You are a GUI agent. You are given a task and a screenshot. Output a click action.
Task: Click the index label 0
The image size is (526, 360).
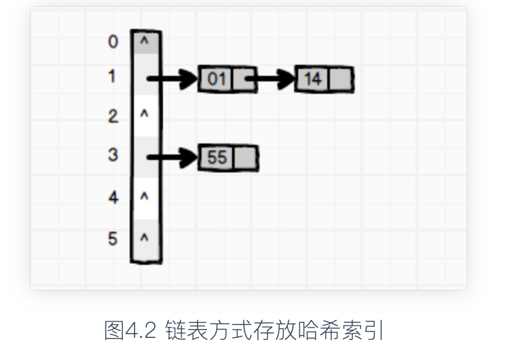pos(113,42)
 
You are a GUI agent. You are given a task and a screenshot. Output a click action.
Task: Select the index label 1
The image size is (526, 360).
pos(113,77)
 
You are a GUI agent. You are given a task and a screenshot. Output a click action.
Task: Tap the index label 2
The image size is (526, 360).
pos(113,117)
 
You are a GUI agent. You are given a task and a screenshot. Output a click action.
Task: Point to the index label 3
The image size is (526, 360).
pos(113,155)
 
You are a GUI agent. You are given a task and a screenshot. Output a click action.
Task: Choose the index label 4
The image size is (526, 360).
pos(113,198)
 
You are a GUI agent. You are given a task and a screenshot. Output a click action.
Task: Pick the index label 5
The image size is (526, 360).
pos(113,239)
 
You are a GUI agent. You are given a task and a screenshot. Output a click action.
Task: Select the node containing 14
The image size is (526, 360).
pos(324,79)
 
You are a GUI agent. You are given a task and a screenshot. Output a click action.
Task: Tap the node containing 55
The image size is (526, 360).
pos(227,158)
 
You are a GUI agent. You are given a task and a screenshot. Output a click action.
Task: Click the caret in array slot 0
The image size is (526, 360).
pos(145,41)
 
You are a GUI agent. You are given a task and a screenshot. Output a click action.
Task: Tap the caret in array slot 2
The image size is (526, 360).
pos(145,114)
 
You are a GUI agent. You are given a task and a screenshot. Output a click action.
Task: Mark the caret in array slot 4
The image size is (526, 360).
pos(145,197)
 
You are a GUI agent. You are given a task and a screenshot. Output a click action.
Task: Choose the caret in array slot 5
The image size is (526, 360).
pos(145,238)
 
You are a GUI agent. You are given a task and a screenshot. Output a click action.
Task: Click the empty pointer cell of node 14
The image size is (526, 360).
pos(340,79)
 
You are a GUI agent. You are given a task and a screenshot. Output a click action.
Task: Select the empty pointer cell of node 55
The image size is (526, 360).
pos(245,158)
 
